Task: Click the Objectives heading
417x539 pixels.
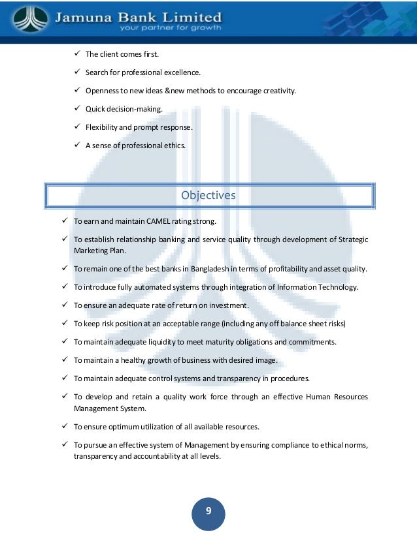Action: click(208, 195)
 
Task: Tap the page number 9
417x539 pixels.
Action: click(208, 511)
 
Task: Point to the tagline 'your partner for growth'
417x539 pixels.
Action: click(169, 27)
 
